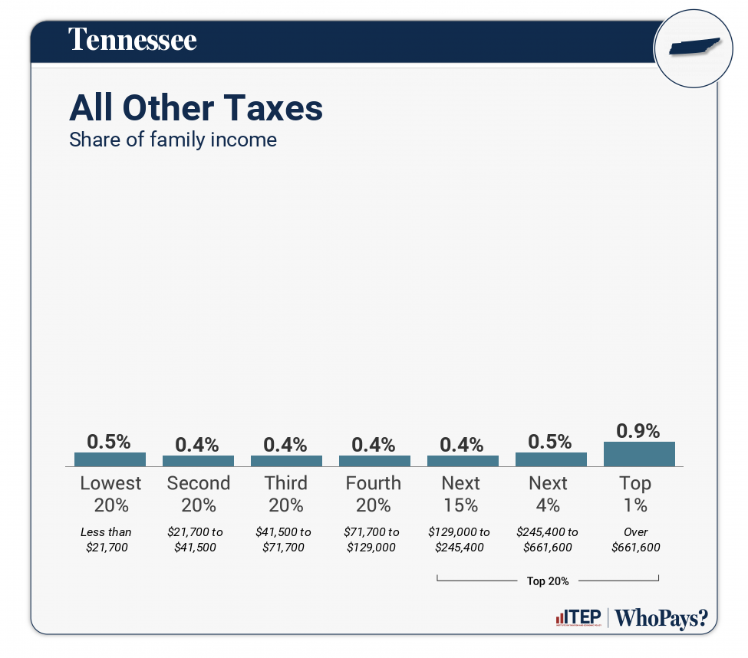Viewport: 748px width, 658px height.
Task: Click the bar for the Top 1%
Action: point(639,454)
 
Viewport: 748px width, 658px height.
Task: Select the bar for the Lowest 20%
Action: point(110,459)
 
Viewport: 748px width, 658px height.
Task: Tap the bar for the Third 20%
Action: point(286,461)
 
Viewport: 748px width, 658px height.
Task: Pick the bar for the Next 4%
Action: point(551,459)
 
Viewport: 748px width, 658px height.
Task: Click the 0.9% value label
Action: point(639,431)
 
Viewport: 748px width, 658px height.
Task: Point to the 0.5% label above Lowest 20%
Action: point(109,442)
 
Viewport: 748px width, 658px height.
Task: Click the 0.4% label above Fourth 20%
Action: point(374,445)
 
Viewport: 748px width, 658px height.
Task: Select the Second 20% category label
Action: point(198,494)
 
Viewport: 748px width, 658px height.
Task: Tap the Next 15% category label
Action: point(461,494)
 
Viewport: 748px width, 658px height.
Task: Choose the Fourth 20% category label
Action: point(374,494)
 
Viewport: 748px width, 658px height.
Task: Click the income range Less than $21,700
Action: point(107,539)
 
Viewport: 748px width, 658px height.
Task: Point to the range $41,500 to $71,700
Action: point(284,539)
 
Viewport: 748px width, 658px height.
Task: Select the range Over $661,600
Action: point(636,539)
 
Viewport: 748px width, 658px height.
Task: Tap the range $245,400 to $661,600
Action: point(549,539)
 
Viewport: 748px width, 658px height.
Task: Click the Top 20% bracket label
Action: point(548,581)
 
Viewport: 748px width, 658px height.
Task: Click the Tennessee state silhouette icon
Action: point(695,47)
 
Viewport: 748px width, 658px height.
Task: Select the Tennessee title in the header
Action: point(133,40)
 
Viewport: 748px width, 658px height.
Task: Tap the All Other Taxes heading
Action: point(196,109)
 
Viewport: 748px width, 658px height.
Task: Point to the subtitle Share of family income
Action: point(173,140)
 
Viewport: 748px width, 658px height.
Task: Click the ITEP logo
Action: point(578,617)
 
